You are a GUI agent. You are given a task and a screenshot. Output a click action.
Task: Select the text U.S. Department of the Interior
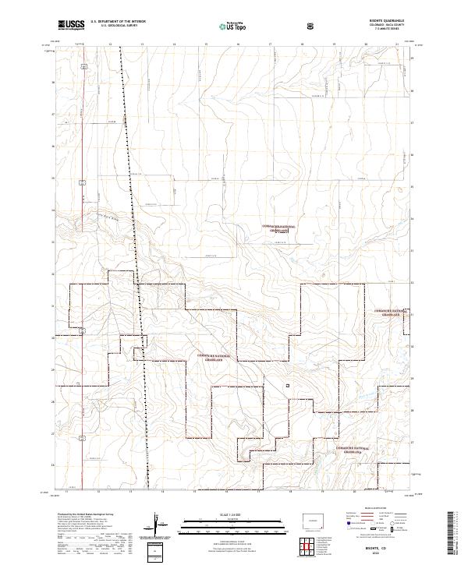118,21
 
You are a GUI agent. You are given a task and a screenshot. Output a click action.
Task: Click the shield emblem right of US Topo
268,24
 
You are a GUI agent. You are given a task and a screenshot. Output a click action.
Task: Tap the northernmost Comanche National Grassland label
280,228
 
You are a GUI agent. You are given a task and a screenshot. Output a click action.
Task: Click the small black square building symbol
288,384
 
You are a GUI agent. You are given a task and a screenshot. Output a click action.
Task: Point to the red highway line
84,195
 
